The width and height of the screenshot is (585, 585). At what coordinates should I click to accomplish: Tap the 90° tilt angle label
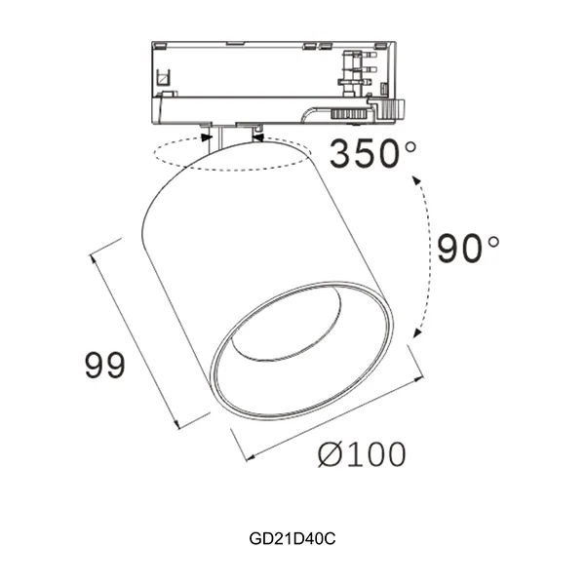pyautogui.click(x=466, y=249)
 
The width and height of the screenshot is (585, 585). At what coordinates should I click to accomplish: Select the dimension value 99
pyautogui.click(x=103, y=366)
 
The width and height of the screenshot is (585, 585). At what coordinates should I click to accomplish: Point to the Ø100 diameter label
pyautogui.click(x=363, y=453)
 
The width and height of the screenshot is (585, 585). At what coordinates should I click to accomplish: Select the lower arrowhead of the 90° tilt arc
pyautogui.click(x=417, y=334)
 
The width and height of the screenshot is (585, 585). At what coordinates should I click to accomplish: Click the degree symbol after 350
pyautogui.click(x=409, y=147)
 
